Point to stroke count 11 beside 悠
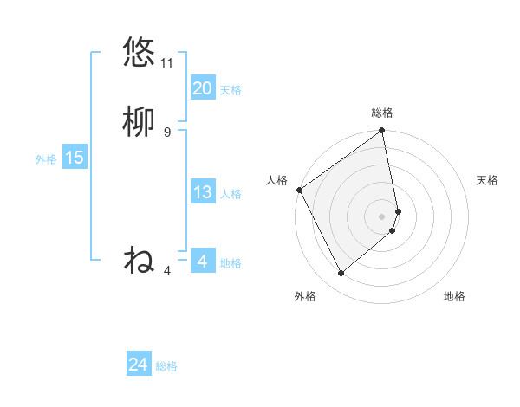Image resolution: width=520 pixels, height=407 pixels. [167, 63]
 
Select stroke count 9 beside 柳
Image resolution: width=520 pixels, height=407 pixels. [167, 132]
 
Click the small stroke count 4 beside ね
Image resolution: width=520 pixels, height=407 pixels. [167, 271]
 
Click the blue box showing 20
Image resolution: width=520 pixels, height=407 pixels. [202, 88]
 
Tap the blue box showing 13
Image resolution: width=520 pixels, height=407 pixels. [202, 192]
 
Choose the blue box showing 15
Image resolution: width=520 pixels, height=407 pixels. [74, 158]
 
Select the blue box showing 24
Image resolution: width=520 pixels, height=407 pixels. [138, 365]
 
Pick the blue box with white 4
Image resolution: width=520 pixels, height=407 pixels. [202, 262]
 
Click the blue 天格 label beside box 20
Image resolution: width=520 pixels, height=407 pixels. [231, 90]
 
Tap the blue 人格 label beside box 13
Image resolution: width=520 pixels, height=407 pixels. [231, 194]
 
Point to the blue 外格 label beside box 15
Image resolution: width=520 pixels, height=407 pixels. [46, 159]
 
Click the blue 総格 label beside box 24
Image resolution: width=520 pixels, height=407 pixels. [166, 367]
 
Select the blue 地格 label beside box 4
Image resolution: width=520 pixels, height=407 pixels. [231, 263]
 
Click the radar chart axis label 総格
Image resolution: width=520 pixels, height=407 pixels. [382, 113]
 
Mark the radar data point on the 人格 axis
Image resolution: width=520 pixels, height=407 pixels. [299, 190]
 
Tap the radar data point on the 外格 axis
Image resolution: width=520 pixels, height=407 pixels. [341, 274]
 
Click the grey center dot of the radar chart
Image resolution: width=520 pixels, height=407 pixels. [382, 216]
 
